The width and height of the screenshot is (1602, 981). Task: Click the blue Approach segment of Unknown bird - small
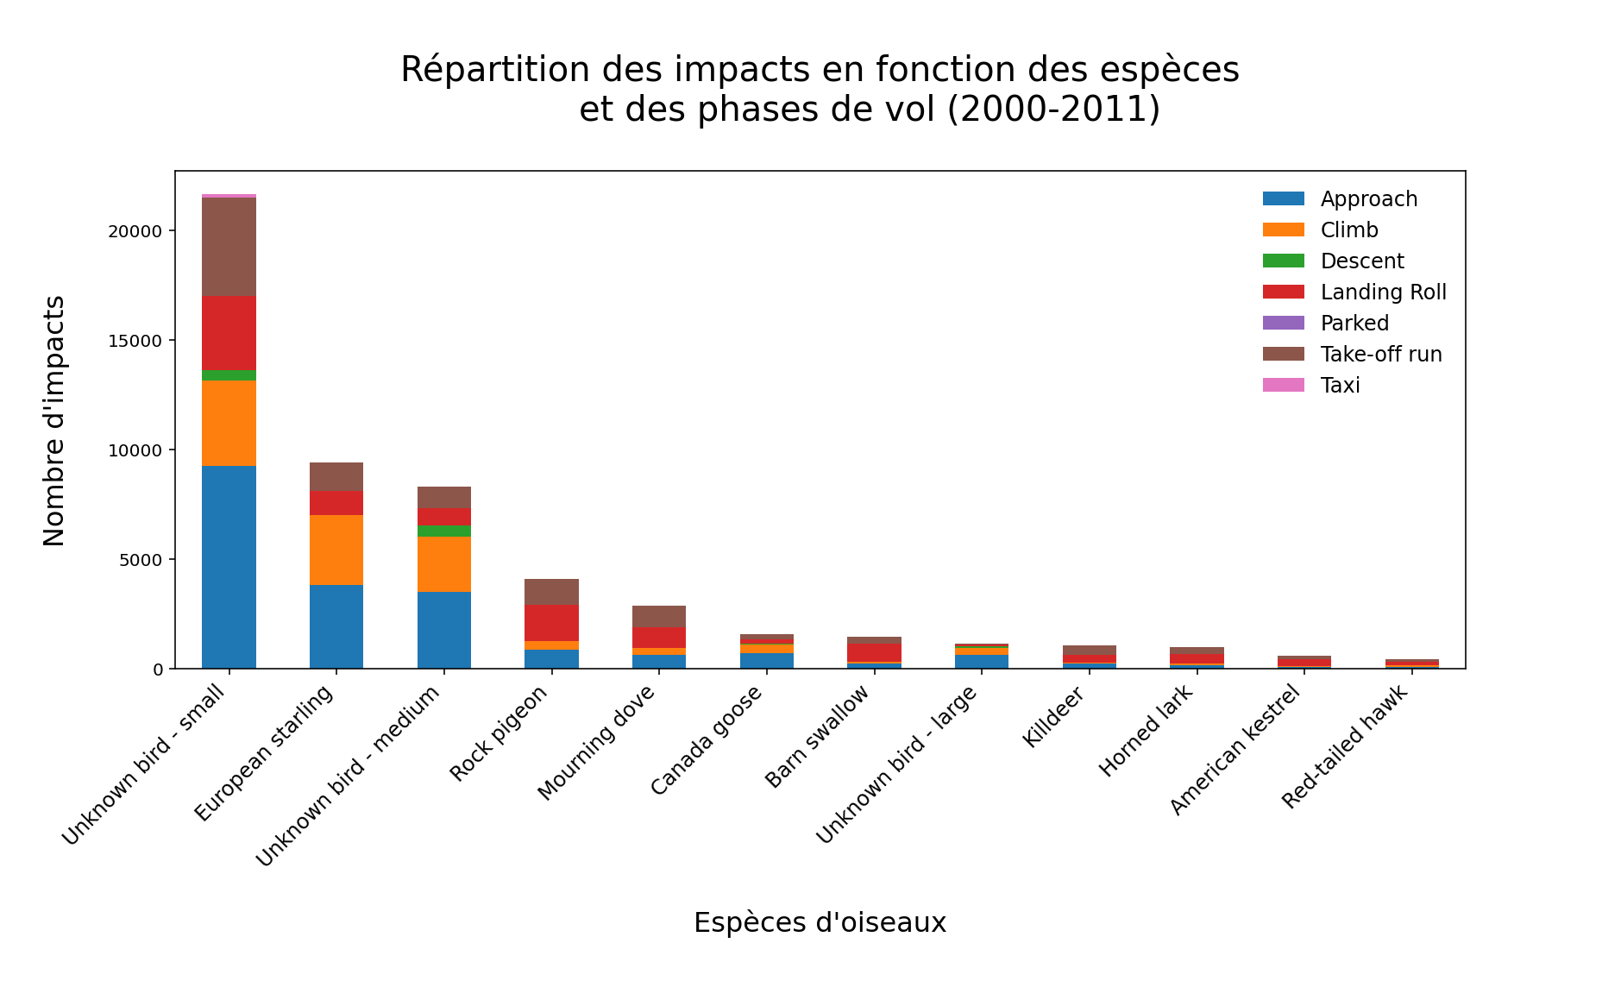(229, 567)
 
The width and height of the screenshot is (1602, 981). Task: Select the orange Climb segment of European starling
(336, 550)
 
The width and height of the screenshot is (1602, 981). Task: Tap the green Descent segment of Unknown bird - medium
(443, 531)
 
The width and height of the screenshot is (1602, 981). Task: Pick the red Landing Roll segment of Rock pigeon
(551, 623)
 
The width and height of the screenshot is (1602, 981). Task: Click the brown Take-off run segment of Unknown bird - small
(229, 247)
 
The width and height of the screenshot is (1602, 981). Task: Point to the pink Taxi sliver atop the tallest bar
(229, 196)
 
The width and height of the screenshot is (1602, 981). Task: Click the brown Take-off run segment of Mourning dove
(659, 616)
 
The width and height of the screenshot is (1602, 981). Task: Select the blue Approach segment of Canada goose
(767, 661)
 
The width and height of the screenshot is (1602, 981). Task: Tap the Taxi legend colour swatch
(1283, 386)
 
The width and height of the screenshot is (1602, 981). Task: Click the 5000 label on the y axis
(141, 560)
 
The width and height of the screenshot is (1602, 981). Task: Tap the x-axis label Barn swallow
(818, 738)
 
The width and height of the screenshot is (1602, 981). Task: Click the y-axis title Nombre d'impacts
(53, 420)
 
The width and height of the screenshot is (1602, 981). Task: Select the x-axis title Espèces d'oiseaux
(820, 922)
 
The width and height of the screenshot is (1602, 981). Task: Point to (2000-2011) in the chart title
(1052, 110)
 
